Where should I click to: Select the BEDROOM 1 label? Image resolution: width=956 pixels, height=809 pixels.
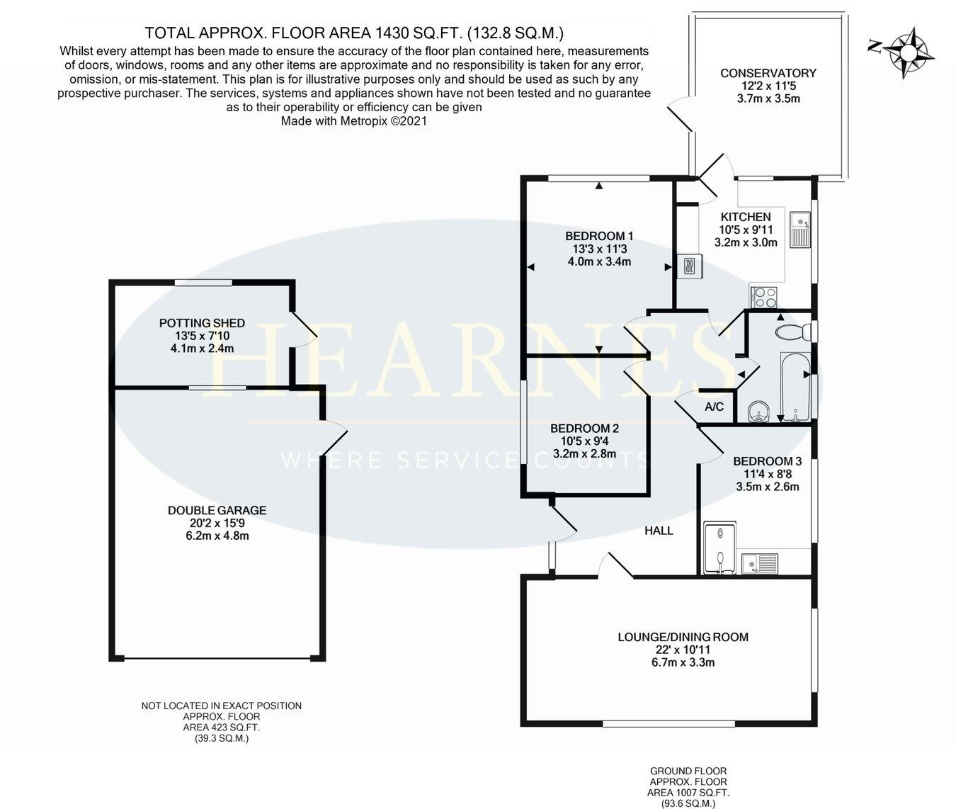click(x=598, y=236)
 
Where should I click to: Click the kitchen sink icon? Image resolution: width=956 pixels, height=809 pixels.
click(x=801, y=230)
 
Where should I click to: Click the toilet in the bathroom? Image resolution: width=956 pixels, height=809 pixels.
click(x=792, y=331)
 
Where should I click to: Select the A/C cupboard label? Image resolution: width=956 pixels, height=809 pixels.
click(x=714, y=407)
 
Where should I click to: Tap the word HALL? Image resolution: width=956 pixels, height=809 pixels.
click(x=659, y=530)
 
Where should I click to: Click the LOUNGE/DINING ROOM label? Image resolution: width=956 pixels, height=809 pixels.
click(x=683, y=637)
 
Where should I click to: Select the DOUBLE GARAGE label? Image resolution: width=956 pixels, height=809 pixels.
click(x=217, y=510)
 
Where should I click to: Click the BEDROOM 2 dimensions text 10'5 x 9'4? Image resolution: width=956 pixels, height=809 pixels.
click(x=584, y=441)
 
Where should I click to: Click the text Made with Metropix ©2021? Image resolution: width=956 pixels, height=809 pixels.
click(x=354, y=121)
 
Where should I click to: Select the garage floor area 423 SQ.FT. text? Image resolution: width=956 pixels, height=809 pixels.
click(x=222, y=728)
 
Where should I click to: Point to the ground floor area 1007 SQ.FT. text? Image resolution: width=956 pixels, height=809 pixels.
click(x=688, y=793)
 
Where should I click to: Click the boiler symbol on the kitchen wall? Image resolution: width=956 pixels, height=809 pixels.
click(x=689, y=267)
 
